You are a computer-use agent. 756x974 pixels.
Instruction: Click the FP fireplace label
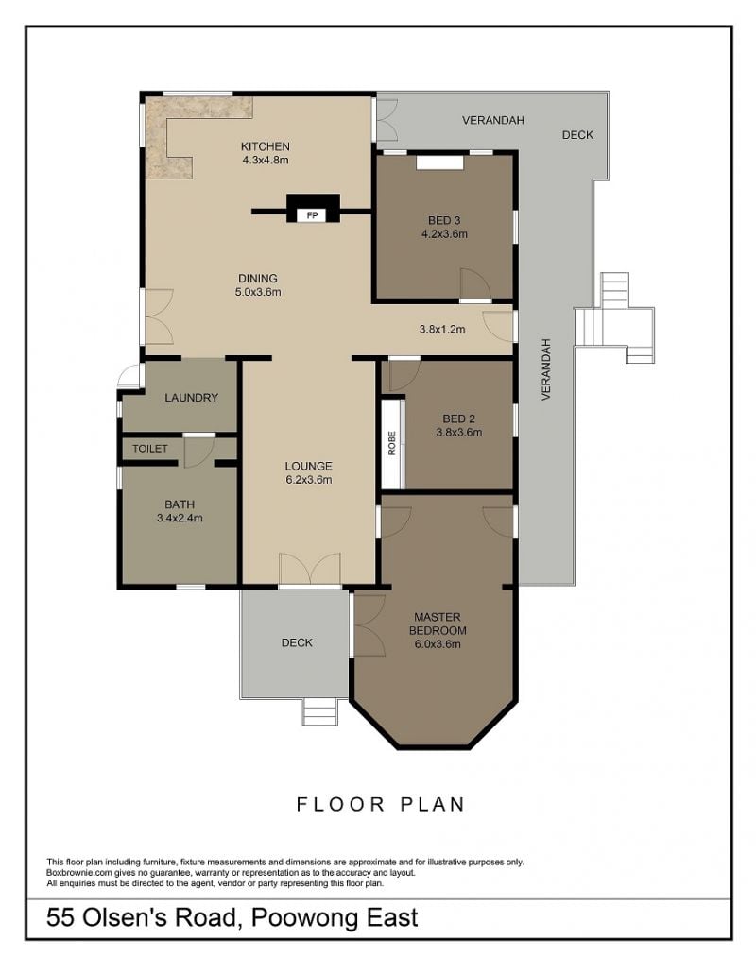[x=313, y=215]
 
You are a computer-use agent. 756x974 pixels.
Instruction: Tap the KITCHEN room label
[x=266, y=146]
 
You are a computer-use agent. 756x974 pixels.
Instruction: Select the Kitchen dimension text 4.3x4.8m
[x=266, y=160]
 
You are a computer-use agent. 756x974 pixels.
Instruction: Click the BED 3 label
[x=444, y=220]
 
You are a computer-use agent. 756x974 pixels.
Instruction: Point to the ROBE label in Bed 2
[x=392, y=443]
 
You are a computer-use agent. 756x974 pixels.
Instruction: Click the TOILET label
[x=149, y=449]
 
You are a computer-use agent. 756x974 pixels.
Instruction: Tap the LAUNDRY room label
[x=191, y=398]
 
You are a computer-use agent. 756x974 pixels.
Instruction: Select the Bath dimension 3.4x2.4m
[x=180, y=518]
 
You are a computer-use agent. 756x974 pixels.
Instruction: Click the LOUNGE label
[x=309, y=466]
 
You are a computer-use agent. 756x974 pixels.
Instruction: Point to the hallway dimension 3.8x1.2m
[x=442, y=329]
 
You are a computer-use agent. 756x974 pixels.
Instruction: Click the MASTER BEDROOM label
[x=438, y=624]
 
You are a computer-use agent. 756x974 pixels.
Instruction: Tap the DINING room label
[x=258, y=279]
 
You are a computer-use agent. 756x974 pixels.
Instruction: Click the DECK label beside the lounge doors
[x=297, y=643]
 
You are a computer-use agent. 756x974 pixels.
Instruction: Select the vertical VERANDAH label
[x=546, y=369]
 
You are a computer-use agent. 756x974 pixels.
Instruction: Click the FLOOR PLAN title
[x=381, y=804]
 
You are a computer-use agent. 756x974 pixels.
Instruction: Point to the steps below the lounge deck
[x=320, y=712]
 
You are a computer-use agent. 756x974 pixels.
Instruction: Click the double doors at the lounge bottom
[x=309, y=568]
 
